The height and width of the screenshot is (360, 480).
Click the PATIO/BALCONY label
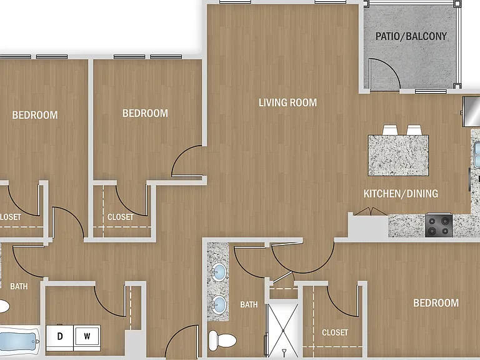point(411,36)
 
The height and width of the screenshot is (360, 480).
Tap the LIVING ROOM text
point(287,102)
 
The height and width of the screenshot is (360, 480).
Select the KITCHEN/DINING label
point(401,194)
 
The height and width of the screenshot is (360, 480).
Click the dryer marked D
point(60,338)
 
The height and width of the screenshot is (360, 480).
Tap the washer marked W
point(87,338)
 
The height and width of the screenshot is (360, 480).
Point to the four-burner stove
point(439,225)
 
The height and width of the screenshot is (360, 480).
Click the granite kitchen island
point(398,156)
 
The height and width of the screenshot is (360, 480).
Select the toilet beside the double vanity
point(222,340)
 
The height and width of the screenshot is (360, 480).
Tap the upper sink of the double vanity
point(219,272)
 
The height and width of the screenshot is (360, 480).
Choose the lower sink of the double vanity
point(219,304)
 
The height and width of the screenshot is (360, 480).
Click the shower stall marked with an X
point(282,330)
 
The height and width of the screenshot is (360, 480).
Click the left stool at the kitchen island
point(390,130)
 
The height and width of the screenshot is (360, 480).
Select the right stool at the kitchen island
point(414,130)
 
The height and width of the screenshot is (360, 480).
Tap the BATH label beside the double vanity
point(249,304)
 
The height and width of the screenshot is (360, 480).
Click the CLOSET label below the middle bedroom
point(120,217)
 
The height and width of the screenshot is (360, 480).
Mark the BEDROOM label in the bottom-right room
point(436,303)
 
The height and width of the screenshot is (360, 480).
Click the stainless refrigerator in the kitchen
point(471,111)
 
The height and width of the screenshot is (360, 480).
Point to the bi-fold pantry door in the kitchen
point(371,211)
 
